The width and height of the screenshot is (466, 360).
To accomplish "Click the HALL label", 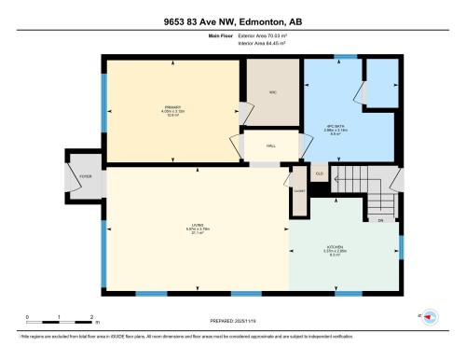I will tap(271, 146).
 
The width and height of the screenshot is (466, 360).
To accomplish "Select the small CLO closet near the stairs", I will tap(319, 173).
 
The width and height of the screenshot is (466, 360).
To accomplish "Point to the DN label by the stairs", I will tap(379, 220).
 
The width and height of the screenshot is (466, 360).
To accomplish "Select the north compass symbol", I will tap(431, 316).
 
